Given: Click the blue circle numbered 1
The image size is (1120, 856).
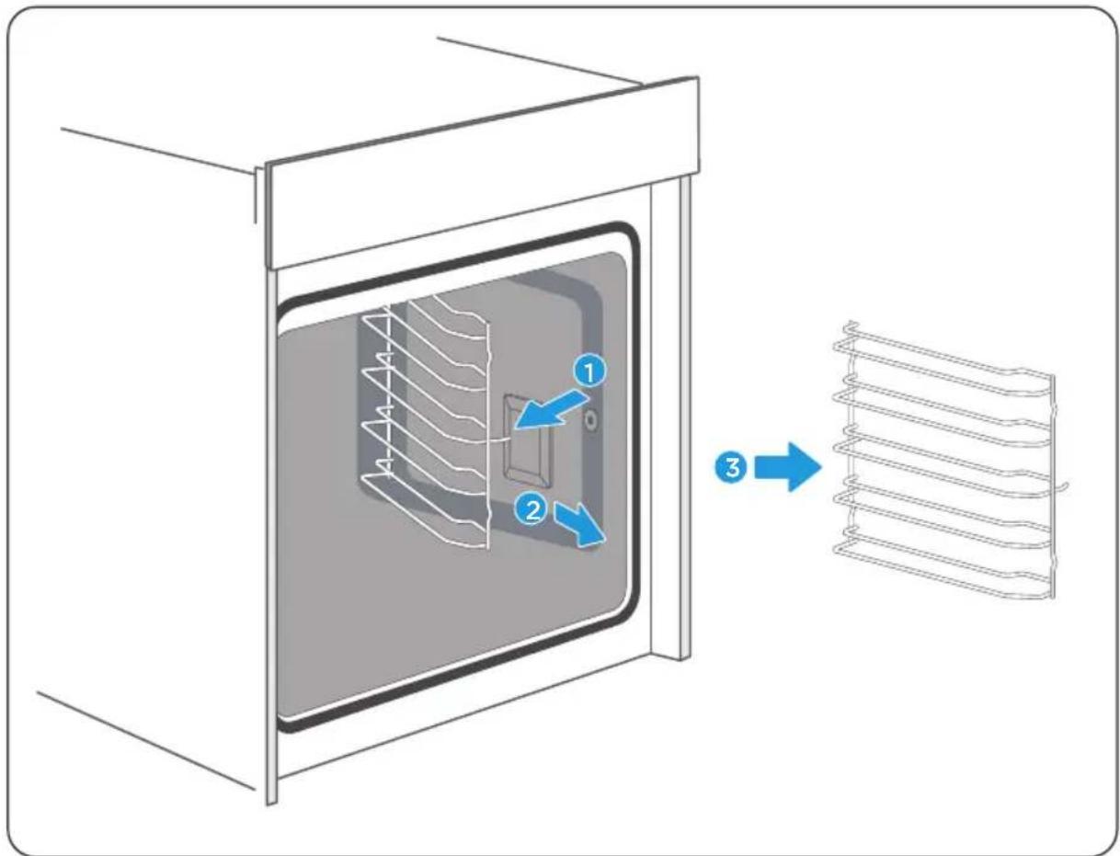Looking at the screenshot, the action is coord(589,371).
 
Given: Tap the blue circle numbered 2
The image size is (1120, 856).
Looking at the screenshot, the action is coord(531,509).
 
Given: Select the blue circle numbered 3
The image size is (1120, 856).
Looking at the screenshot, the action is coord(732,467).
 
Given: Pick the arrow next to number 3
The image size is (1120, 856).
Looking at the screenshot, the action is coord(787,467).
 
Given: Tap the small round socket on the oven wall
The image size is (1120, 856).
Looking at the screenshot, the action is coord(591,421).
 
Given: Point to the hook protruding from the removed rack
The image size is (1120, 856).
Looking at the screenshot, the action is coord(1060,488).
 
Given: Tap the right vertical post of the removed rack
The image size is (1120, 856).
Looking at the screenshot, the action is coord(1052,486).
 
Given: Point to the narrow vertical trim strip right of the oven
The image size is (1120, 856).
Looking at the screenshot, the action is coord(685,418).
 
